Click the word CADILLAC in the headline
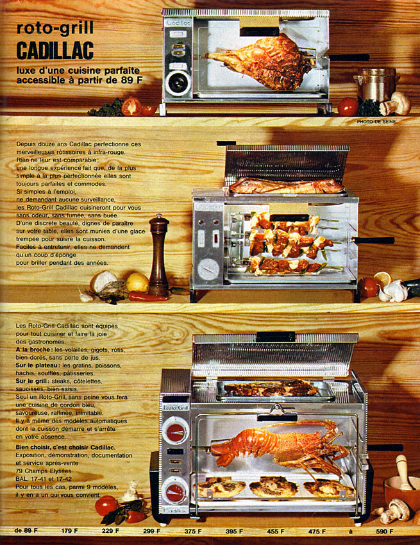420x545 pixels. coord(55,50)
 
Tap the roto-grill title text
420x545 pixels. coord(55,28)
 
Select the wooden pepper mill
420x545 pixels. coord(158,255)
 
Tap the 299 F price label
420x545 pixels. coord(151,531)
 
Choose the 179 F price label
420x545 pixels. coord(69,531)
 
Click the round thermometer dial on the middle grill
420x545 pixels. coord(208,269)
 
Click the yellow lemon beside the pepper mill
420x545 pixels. coord(137,282)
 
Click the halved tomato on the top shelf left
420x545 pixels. coord(131,106)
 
